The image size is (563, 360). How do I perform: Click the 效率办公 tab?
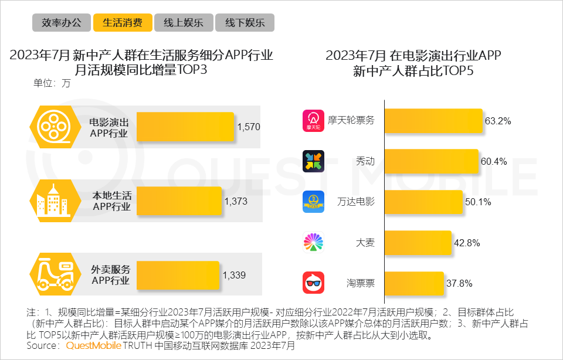tap(62, 23)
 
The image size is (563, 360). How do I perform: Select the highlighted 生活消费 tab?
tap(123, 23)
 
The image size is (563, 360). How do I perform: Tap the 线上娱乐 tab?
tap(184, 23)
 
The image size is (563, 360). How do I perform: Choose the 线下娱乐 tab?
tap(245, 23)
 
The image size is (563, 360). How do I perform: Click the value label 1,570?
tap(248, 126)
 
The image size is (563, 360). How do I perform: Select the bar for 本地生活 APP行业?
tap(179, 201)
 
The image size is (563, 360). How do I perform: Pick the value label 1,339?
tap(234, 275)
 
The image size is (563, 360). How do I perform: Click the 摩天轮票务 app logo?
tap(313, 121)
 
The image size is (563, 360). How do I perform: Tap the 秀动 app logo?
tap(313, 161)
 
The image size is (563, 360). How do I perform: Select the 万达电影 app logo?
tap(313, 202)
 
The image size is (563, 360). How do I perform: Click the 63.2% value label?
tap(498, 121)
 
